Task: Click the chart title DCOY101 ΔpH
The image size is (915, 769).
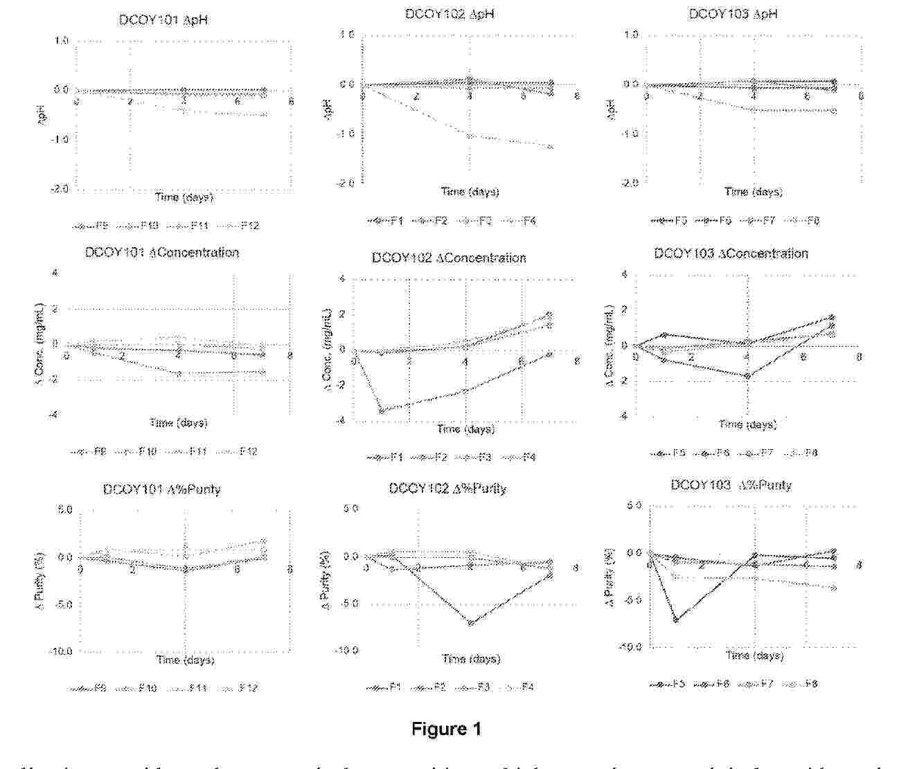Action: click(163, 19)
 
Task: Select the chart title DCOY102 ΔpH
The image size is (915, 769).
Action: click(450, 14)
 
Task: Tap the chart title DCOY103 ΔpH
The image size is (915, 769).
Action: click(732, 14)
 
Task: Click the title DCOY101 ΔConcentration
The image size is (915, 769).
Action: click(161, 253)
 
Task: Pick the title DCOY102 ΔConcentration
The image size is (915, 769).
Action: click(448, 258)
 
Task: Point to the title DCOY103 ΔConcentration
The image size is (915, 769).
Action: click(731, 254)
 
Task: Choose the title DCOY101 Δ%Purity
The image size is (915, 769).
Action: click(161, 489)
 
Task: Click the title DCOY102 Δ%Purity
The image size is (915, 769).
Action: click(447, 489)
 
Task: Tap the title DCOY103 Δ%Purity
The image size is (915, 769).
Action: click(731, 485)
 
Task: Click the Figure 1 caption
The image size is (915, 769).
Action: click(446, 728)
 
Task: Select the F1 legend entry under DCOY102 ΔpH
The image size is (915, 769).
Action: click(389, 221)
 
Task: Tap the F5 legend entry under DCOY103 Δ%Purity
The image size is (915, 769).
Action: click(668, 684)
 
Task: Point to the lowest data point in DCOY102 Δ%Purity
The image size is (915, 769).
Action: click(471, 623)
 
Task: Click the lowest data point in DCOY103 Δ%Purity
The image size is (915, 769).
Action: click(675, 619)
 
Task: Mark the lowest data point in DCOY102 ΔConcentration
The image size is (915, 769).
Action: click(382, 411)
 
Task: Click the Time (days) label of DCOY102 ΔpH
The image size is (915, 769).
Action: click(470, 192)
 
